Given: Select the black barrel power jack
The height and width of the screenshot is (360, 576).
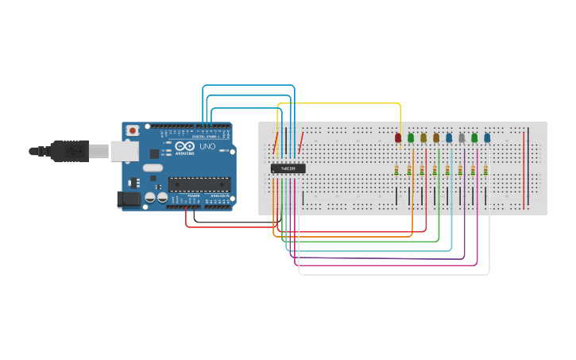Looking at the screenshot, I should tap(127, 199).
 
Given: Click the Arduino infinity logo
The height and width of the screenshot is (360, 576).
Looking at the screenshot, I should tap(186, 147).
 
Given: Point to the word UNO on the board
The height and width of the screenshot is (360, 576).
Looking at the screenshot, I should tap(207, 147).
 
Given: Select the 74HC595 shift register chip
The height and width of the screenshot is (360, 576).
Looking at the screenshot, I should tap(288, 168).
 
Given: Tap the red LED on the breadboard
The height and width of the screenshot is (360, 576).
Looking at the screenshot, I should tap(398, 138).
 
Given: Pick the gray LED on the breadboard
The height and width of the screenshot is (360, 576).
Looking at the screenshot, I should tap(462, 138).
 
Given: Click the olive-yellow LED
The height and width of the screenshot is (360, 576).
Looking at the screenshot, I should tap(423, 138).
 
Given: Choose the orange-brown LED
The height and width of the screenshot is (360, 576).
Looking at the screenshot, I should tap(436, 138).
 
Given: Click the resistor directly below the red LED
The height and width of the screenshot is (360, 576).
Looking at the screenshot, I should tap(396, 170).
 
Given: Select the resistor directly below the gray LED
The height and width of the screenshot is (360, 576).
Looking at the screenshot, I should tap(460, 170).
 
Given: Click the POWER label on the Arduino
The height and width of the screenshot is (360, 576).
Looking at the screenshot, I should tap(193, 195).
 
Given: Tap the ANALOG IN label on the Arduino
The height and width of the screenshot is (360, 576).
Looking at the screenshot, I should tap(218, 195).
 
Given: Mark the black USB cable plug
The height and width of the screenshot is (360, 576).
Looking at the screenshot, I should tap(72, 149).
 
